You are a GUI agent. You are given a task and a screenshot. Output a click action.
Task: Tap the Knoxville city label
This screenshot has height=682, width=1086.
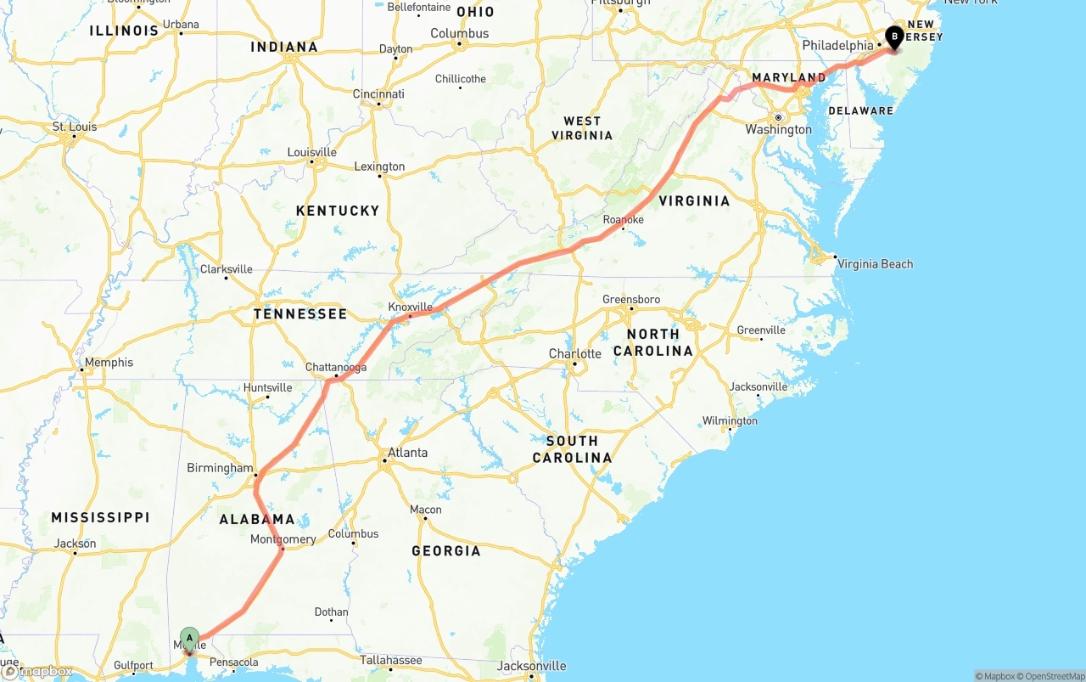410,307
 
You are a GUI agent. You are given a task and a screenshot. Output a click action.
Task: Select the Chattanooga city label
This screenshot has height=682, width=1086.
336,367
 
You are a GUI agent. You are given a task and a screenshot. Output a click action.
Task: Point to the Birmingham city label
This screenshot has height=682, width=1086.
220,468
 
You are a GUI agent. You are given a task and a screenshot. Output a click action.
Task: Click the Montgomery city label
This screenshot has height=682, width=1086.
283,539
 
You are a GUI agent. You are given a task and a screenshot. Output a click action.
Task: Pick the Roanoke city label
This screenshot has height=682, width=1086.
623,220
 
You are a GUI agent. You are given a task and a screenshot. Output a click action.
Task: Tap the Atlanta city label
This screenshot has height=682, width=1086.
408,453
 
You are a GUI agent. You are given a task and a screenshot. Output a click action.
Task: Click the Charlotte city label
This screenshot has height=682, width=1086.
574,353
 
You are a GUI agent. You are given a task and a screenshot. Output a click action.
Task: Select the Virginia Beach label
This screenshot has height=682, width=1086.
875,264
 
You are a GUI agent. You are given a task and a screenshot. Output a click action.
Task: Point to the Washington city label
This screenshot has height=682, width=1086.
778,130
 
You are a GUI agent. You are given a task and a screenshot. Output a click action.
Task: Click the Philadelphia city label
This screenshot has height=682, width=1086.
837,45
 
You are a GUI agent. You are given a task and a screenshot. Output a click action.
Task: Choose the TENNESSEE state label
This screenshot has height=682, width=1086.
300,314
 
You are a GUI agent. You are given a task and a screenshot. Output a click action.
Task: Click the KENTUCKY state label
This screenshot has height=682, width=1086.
338,211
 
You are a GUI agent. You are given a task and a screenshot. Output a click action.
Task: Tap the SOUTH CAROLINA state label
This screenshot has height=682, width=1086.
572,449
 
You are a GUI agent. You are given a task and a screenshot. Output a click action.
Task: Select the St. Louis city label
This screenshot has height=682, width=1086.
75,127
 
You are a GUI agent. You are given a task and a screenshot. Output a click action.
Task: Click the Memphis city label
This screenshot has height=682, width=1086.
109,363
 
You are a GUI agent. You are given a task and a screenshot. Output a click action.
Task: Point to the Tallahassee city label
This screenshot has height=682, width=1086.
390,660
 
